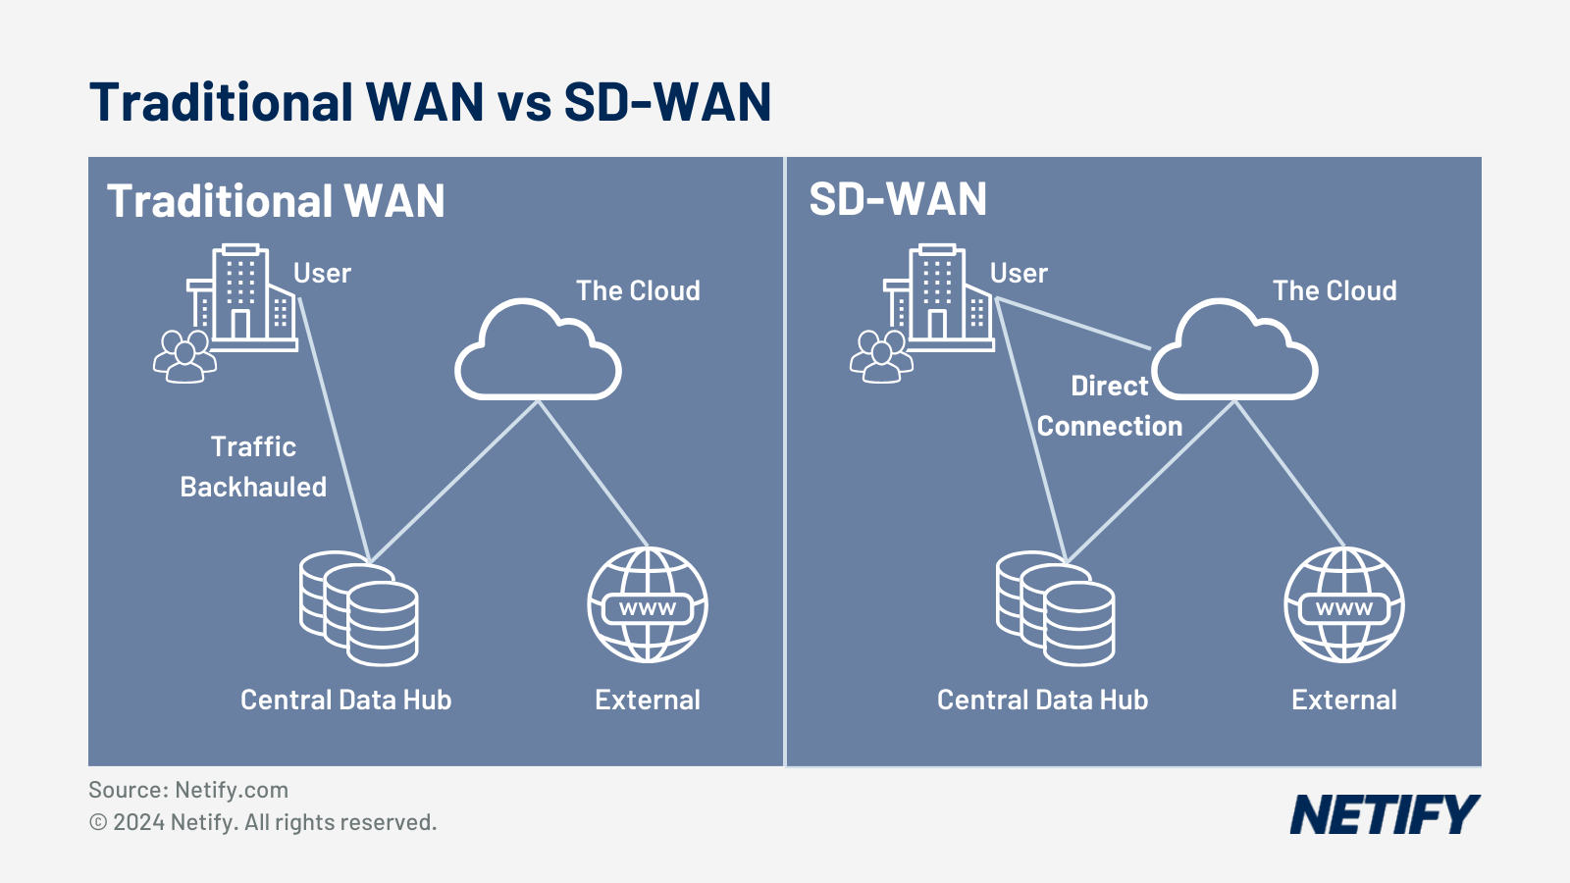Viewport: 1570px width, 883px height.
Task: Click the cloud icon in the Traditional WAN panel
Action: tap(538, 353)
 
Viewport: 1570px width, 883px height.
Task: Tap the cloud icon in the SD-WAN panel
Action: tap(1234, 353)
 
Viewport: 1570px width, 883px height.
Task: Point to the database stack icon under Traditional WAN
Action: tap(359, 608)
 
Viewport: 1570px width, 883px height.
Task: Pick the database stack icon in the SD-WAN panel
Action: tap(1056, 608)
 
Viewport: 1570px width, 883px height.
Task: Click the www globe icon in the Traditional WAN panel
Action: tap(648, 605)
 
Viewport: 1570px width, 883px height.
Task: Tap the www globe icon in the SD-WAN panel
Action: tap(1344, 605)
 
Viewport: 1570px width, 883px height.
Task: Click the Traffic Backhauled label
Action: tap(253, 467)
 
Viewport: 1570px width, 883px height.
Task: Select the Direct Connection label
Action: tap(1110, 406)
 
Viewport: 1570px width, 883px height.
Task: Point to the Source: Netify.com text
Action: tap(188, 790)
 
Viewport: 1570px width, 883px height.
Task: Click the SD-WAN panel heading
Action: tap(898, 200)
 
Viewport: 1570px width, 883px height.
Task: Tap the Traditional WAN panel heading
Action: tap(276, 201)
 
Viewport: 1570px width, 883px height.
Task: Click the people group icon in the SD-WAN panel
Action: tap(880, 356)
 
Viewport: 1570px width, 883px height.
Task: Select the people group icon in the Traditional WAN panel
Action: tap(183, 356)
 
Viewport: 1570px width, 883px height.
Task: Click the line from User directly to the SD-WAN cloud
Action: tap(1073, 324)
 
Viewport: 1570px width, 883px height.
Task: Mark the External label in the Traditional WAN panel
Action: tap(648, 700)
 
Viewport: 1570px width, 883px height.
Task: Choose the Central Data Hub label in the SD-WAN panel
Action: tap(1042, 700)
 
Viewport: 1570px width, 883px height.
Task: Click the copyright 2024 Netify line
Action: tap(263, 822)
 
